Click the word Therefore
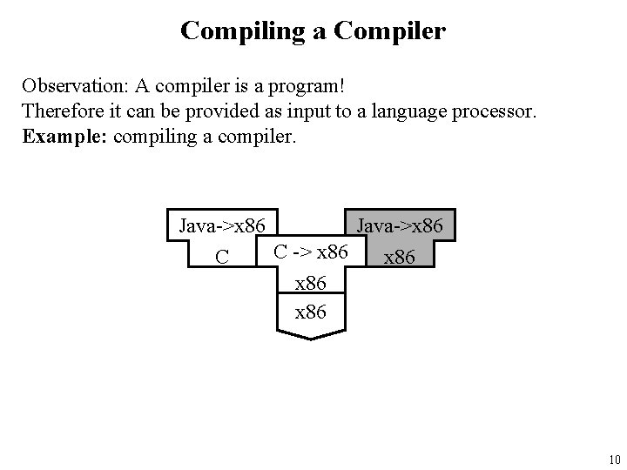pyautogui.click(x=61, y=112)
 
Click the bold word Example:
pyautogui.click(x=57, y=137)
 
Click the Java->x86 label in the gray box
pyautogui.click(x=400, y=227)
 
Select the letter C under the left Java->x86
pyautogui.click(x=222, y=257)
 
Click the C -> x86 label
pyautogui.click(x=311, y=252)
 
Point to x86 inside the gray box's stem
pyautogui.click(x=400, y=258)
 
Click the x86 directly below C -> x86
pyautogui.click(x=311, y=283)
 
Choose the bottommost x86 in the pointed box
pyautogui.click(x=311, y=312)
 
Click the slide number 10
pyautogui.click(x=613, y=460)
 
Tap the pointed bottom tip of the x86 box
pyautogui.click(x=311, y=339)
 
